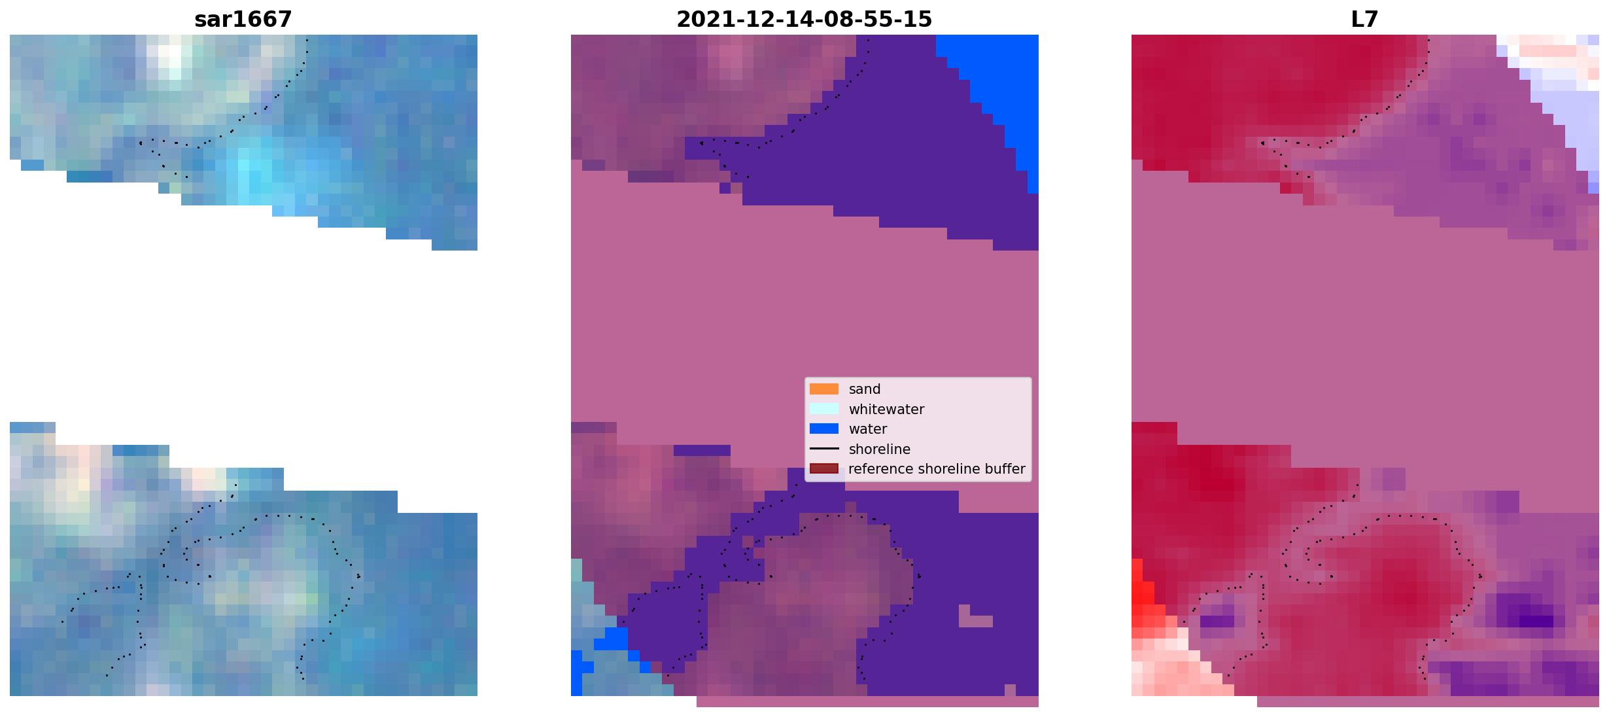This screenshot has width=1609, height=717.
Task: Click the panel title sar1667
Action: [243, 20]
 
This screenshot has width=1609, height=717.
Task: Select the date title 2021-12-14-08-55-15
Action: [804, 20]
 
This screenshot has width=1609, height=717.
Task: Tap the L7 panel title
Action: [1364, 20]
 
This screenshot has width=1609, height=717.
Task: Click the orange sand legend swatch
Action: [824, 389]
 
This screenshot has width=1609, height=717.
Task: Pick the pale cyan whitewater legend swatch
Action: [824, 409]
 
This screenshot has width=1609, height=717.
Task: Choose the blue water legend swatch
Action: [824, 429]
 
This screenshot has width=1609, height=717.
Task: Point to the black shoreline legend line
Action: [824, 449]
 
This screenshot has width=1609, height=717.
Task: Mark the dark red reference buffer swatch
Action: [824, 469]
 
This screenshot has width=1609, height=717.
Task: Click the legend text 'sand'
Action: [865, 389]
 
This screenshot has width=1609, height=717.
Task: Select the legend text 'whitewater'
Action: [886, 410]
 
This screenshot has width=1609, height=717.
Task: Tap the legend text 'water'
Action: [868, 429]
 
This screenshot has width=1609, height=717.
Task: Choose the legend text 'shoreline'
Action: [880, 449]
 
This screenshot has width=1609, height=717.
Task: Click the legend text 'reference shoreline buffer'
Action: [937, 469]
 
